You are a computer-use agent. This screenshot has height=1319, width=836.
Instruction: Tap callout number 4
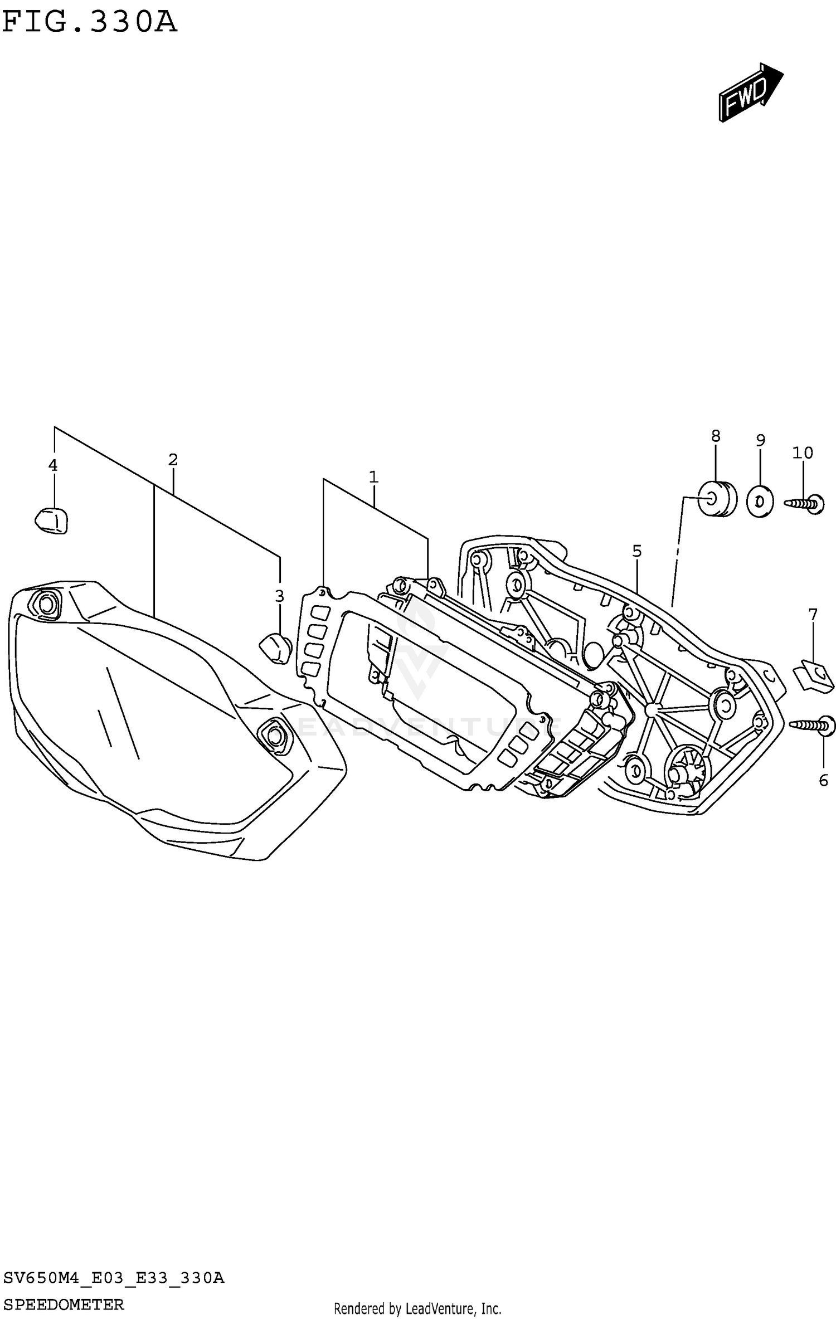pos(53,465)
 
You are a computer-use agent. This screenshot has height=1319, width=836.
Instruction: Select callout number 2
pos(173,460)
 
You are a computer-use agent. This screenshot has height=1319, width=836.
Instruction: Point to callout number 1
pos(373,477)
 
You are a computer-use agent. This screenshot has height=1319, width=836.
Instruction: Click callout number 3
pos(279,596)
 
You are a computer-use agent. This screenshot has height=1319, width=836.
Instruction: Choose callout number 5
pos(637,551)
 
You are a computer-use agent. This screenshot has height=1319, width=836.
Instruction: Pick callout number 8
pos(716,436)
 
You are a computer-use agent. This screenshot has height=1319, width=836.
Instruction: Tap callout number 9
pos(761,440)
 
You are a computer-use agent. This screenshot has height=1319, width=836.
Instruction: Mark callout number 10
pos(803,452)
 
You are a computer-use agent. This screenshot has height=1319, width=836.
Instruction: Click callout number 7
pos(813,615)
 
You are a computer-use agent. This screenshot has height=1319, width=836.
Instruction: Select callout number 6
pos(824,781)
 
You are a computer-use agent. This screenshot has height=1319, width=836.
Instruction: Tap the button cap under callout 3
pos(275,648)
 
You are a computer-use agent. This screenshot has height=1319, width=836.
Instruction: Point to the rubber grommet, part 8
pos(718,499)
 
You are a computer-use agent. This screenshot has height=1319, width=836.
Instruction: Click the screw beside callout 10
pos(806,503)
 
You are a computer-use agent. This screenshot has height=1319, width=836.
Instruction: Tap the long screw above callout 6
pos(813,725)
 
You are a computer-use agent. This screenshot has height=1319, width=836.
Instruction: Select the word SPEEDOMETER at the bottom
pos(64,1303)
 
